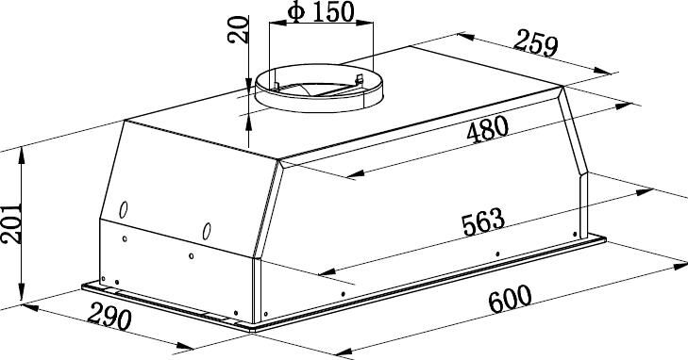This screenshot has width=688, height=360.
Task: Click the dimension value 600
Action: coord(510,299)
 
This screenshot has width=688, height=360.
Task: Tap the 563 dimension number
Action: coord(483,221)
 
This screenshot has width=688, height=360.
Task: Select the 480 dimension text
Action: coord(488,129)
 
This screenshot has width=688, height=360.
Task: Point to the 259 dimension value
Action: coord(536,43)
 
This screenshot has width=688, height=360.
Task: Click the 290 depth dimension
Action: coord(109,317)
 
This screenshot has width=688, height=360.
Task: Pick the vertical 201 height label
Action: coord(11,223)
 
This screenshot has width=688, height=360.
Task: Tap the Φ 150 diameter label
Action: coord(321,12)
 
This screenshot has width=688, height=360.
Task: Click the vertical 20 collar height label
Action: coord(238,29)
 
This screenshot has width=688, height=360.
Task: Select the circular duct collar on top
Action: coord(319,88)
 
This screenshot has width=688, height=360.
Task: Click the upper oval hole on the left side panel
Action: coord(124,210)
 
